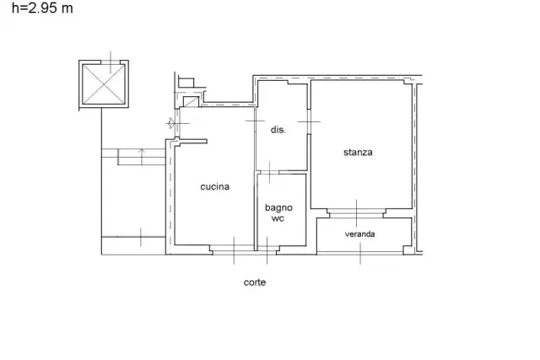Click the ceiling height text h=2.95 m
click(42, 8)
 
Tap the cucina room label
click(215, 186)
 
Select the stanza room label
click(358, 152)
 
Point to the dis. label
click(278, 130)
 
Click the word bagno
click(278, 208)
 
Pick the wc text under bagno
click(278, 218)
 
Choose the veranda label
click(360, 234)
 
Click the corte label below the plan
click(255, 282)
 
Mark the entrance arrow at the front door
click(170, 123)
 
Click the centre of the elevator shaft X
click(104, 84)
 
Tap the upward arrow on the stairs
click(142, 157)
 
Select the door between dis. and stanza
click(309, 121)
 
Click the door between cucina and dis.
click(255, 121)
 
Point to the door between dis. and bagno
click(269, 172)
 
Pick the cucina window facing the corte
click(234, 250)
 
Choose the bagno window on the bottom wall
click(267, 250)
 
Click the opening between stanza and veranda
click(356, 213)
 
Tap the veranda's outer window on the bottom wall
click(360, 253)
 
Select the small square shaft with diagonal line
click(191, 102)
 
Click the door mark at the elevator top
click(111, 62)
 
